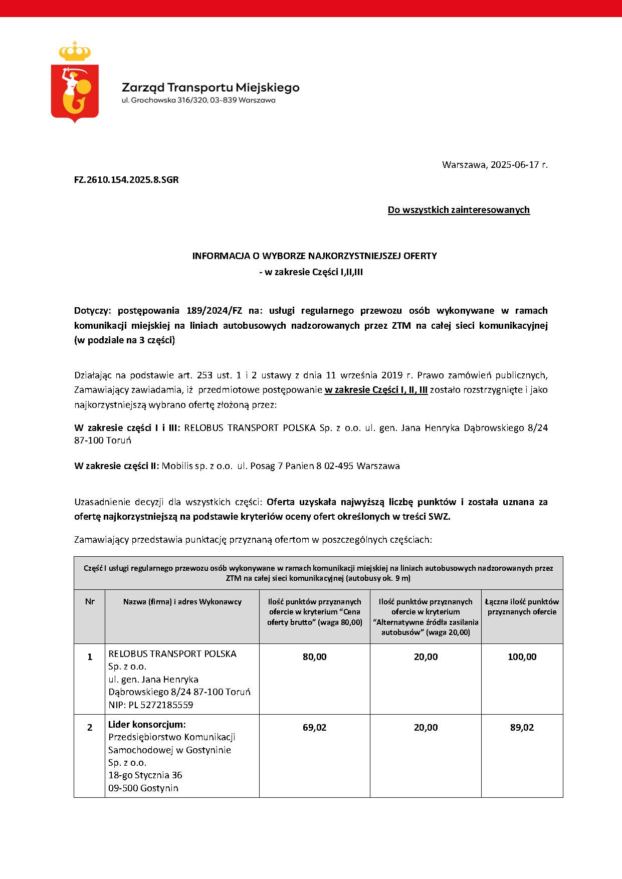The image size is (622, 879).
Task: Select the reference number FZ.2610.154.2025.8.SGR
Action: [126, 179]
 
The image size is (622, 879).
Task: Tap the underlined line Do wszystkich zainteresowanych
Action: [459, 210]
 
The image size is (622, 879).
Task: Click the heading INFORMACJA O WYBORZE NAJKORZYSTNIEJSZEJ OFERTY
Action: [314, 256]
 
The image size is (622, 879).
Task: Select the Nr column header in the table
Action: [90, 601]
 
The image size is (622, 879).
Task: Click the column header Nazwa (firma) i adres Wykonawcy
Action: [182, 601]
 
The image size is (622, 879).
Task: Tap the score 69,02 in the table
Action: [314, 728]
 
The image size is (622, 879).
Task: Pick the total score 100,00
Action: [522, 657]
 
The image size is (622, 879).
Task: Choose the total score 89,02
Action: [522, 728]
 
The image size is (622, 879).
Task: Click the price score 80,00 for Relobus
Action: [314, 657]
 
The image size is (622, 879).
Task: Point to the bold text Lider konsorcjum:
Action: [147, 725]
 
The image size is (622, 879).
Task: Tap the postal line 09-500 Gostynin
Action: [143, 788]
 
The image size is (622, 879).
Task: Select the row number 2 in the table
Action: [90, 728]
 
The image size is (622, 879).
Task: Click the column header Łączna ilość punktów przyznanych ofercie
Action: [522, 606]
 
